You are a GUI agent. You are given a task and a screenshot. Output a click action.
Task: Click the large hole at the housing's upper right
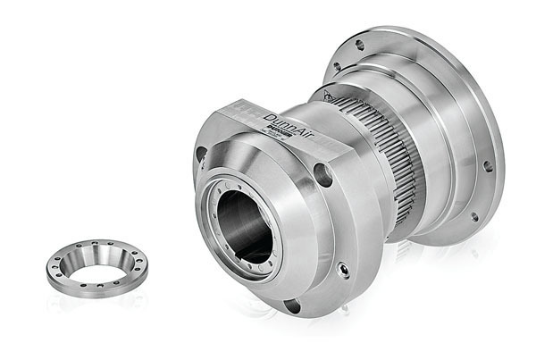pos(323,175)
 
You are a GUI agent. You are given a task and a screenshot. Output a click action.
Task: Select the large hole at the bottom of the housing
pos(291,306)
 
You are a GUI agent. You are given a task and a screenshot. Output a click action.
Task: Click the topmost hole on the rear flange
pos(360,45)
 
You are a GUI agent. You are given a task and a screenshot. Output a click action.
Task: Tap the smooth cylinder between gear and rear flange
pos(438,161)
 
